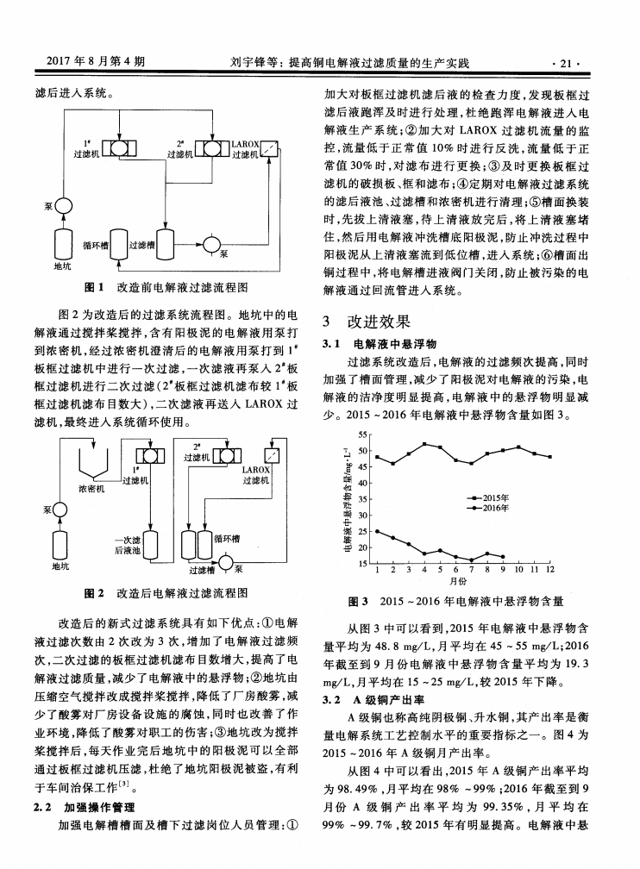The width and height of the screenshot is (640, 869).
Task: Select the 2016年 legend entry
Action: tap(491, 508)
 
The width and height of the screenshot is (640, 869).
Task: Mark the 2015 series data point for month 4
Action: tap(424, 444)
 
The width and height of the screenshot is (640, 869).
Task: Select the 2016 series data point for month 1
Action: tap(376, 531)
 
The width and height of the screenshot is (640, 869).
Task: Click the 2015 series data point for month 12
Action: tap(550, 457)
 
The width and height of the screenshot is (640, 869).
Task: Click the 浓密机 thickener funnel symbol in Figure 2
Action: tap(94, 465)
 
